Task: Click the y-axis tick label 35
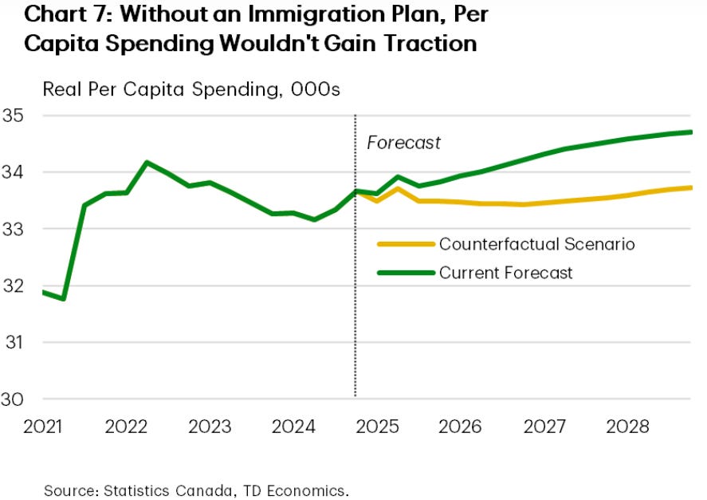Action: click(x=14, y=116)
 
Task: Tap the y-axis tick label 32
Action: click(x=14, y=285)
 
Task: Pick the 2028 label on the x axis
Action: click(x=626, y=427)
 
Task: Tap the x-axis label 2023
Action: click(x=209, y=427)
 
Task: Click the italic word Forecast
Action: click(x=403, y=144)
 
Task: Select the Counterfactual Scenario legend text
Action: click(x=536, y=244)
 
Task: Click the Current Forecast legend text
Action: click(x=505, y=273)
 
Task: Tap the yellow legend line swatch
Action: click(x=405, y=244)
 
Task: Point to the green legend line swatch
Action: click(x=405, y=273)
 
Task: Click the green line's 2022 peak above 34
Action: click(x=147, y=163)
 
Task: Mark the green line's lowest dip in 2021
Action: click(x=63, y=299)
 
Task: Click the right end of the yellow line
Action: click(x=690, y=188)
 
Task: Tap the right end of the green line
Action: click(x=690, y=132)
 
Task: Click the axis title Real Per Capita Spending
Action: click(x=191, y=89)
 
